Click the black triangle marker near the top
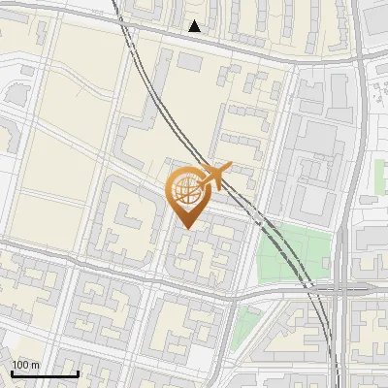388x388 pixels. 195,26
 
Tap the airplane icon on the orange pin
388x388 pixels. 213,176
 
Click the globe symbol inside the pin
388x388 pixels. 183,189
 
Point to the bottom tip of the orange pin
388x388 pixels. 184,228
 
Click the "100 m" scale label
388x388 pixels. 26,365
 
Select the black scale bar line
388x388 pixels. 45,373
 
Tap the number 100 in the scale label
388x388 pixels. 20,365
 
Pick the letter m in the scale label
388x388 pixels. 36,365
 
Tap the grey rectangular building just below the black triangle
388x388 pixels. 190,61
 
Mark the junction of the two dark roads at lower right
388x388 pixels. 339,288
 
